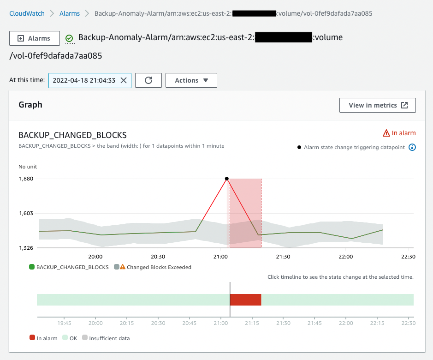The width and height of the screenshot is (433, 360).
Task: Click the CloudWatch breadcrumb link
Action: [x=27, y=13]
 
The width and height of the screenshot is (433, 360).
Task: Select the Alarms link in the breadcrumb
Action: [x=70, y=13]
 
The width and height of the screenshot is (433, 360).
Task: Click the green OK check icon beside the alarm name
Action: [x=69, y=38]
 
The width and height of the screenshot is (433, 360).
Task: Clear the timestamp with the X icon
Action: [x=124, y=80]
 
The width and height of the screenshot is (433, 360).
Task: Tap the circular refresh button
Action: [x=148, y=80]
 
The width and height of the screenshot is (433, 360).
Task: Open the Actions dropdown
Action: [x=191, y=80]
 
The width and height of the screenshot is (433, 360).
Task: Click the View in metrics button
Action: [x=378, y=105]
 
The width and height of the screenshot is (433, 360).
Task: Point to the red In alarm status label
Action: [x=399, y=133]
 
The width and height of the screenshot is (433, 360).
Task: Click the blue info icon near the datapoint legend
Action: [x=412, y=148]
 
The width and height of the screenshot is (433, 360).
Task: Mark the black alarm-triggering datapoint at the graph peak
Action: [x=226, y=179]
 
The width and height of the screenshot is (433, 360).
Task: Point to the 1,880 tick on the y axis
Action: [x=26, y=179]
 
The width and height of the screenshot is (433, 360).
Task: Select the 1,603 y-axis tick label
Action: [x=26, y=213]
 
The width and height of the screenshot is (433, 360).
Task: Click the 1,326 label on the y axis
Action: [x=26, y=248]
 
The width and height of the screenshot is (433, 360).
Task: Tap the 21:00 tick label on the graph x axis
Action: [x=220, y=257]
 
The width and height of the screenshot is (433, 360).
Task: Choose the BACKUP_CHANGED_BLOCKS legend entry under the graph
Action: [x=69, y=267]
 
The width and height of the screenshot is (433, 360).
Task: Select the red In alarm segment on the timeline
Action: [x=246, y=300]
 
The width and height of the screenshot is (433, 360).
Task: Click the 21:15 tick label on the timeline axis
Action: [x=252, y=323]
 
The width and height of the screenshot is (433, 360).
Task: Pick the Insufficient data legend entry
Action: [x=109, y=338]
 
